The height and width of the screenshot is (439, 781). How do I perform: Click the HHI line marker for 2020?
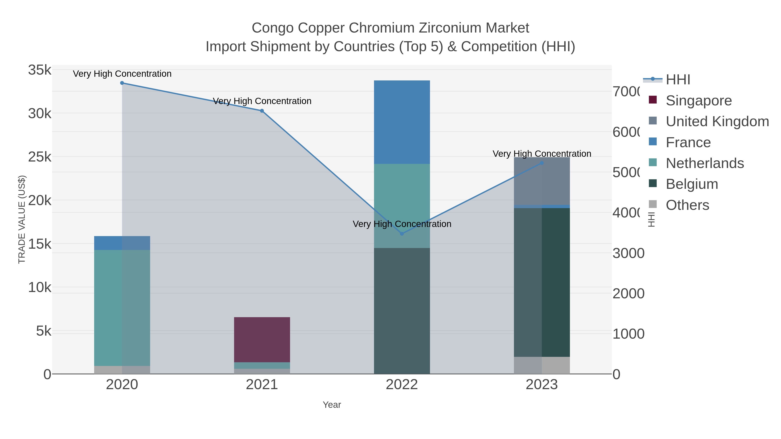pyautogui.click(x=122, y=83)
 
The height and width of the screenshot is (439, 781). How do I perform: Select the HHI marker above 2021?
pyautogui.click(x=262, y=111)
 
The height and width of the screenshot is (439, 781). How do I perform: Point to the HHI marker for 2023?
pyautogui.click(x=542, y=163)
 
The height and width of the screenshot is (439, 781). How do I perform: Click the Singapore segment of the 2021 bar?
pyautogui.click(x=262, y=339)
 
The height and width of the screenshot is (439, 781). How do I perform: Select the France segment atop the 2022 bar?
pyautogui.click(x=402, y=122)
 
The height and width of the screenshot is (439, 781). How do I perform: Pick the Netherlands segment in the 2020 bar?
pyautogui.click(x=122, y=307)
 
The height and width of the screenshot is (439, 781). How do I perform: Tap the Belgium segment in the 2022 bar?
pyautogui.click(x=402, y=310)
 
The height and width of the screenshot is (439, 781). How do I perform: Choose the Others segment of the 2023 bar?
pyautogui.click(x=542, y=365)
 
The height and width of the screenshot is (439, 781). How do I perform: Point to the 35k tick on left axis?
pyautogui.click(x=40, y=70)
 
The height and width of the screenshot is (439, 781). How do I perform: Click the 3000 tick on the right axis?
pyautogui.click(x=628, y=253)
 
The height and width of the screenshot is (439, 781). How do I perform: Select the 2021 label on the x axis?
pyautogui.click(x=262, y=385)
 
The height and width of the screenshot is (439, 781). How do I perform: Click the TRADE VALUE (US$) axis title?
pyautogui.click(x=22, y=219)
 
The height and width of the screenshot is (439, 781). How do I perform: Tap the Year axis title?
pyautogui.click(x=332, y=405)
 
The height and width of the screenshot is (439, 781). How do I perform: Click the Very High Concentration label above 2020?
pyautogui.click(x=122, y=74)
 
